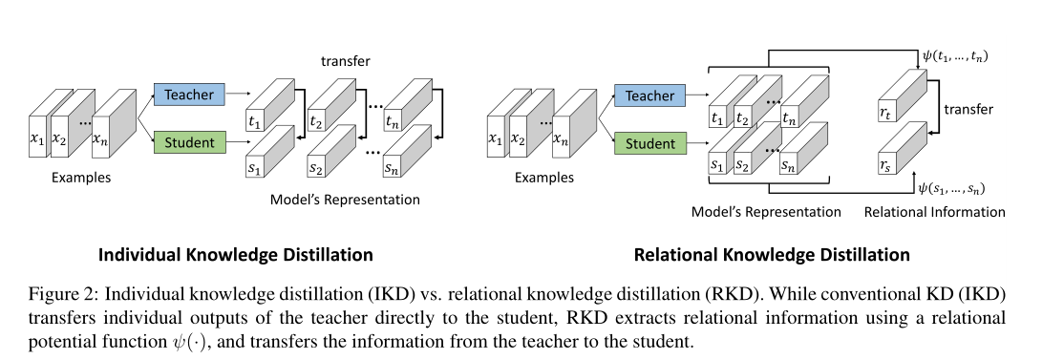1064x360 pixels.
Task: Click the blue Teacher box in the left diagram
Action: pos(189,95)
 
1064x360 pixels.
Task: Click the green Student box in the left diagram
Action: pos(189,143)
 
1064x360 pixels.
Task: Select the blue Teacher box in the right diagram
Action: pos(649,95)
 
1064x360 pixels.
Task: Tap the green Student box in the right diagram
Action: pos(649,143)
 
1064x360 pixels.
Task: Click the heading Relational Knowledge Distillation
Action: pos(772,255)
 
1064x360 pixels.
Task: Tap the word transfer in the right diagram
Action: pos(968,110)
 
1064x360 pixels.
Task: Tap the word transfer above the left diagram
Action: pos(346,62)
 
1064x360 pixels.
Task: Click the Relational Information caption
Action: pos(934,212)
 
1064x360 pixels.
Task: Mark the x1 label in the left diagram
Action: pos(37,140)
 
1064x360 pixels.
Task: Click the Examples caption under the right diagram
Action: pos(544,178)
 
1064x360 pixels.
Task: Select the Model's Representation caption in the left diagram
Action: pos(346,200)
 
